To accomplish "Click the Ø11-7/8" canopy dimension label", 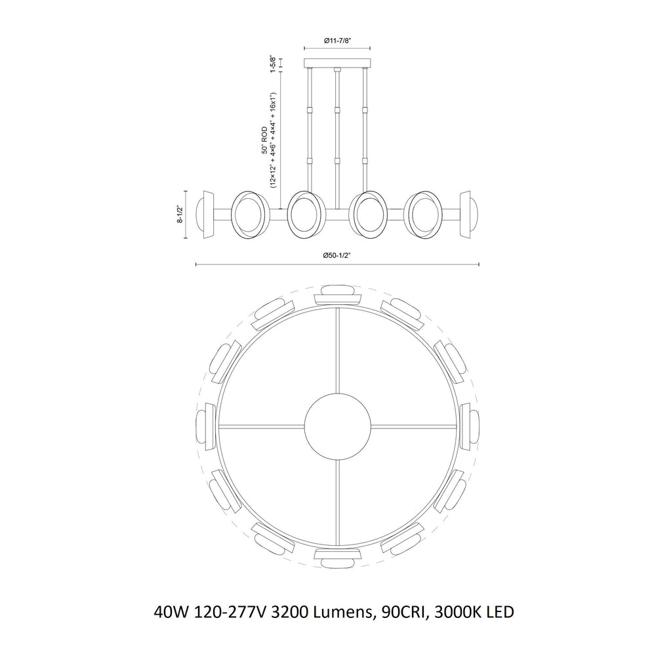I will coord(338,41).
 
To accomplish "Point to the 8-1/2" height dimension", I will coord(179,215).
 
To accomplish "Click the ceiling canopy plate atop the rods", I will coord(338,63).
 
